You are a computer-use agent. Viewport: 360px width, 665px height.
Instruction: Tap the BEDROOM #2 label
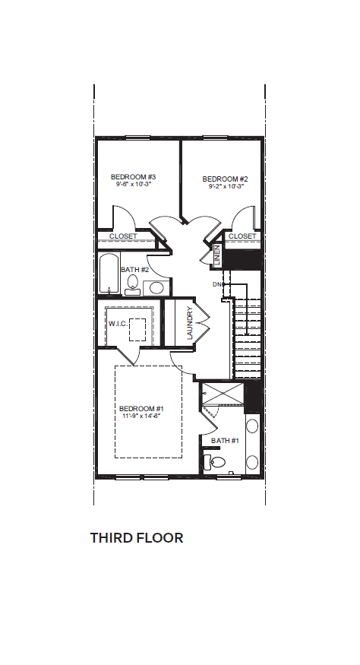coord(225,179)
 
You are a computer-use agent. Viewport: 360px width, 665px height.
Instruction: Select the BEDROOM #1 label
coord(141,408)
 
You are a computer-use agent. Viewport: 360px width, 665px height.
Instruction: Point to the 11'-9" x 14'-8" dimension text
coord(141,416)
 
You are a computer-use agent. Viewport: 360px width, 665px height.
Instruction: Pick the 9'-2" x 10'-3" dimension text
coord(226,186)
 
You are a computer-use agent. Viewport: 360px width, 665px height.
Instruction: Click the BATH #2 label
coord(135,269)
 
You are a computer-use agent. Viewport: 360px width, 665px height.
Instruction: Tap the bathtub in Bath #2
coord(109,274)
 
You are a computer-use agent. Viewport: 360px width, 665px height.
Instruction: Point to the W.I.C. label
coord(118,324)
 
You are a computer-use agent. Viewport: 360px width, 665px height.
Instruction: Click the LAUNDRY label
coord(190,323)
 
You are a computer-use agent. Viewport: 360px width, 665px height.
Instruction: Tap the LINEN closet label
coord(217,255)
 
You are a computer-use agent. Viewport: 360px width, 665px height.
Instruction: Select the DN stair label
coord(216,284)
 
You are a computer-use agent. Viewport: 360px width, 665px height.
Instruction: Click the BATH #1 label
coord(225,441)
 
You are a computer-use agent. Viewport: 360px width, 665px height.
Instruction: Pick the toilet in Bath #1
coord(213,462)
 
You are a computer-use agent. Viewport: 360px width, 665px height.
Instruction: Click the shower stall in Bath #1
coord(223,394)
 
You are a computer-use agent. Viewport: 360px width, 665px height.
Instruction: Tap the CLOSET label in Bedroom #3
coord(123,236)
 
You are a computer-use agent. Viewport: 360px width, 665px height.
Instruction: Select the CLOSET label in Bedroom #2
coord(242,236)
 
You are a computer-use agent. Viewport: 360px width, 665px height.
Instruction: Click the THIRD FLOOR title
coord(137,538)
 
